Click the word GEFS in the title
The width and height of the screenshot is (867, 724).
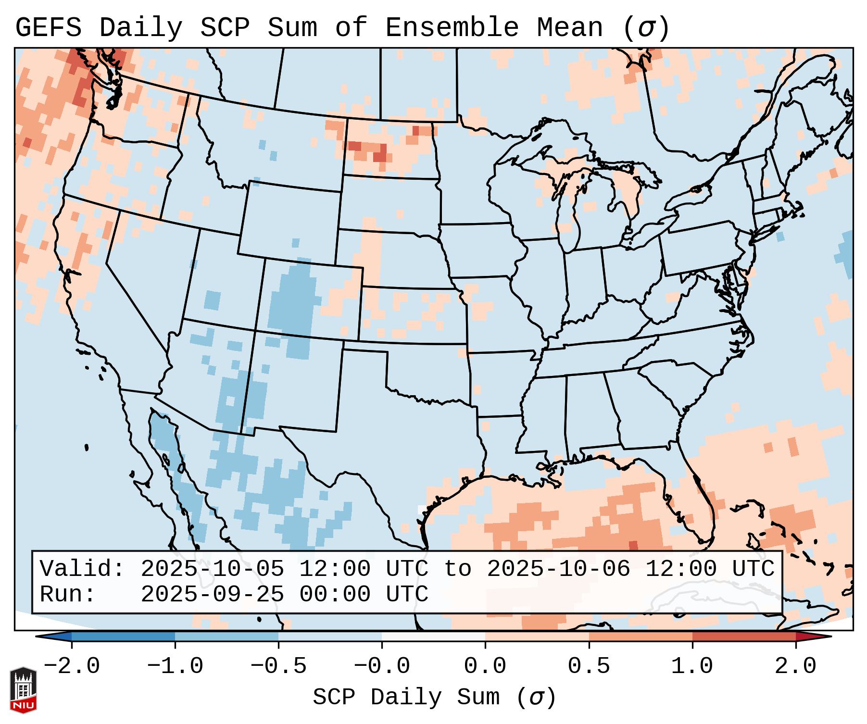tap(49, 27)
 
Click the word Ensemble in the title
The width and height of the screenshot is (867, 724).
tap(452, 27)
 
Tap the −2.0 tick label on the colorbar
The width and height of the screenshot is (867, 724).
tap(72, 666)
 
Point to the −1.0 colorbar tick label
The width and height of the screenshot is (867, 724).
tap(175, 666)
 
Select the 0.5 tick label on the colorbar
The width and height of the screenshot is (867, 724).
tap(589, 666)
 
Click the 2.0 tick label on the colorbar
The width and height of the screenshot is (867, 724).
tap(796, 666)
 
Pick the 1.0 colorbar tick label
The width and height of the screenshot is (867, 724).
tap(692, 666)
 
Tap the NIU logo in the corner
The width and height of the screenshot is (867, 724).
tap(23, 690)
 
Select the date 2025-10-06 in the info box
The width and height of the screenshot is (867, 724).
tap(558, 569)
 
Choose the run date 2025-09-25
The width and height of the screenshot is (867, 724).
tap(212, 594)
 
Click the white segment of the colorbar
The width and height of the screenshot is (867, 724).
tap(433, 636)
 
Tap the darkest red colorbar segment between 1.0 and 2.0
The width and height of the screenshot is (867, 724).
tap(744, 636)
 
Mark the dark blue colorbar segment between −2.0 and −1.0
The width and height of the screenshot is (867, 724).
tap(123, 636)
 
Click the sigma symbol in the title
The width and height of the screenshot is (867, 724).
tap(646, 27)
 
